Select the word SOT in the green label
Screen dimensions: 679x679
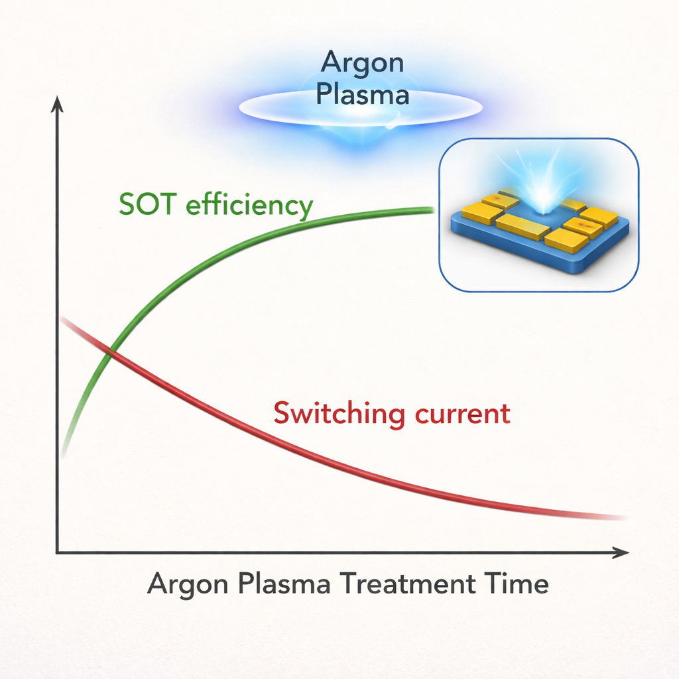147,204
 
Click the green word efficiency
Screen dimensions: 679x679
249,206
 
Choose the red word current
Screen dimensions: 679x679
462,414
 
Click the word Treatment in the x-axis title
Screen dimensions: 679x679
408,583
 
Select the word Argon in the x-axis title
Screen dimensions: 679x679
188,585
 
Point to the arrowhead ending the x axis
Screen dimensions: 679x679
621,552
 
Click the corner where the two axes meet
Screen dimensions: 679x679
57,552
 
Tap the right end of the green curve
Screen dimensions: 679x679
432,210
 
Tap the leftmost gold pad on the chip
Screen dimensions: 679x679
481,213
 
